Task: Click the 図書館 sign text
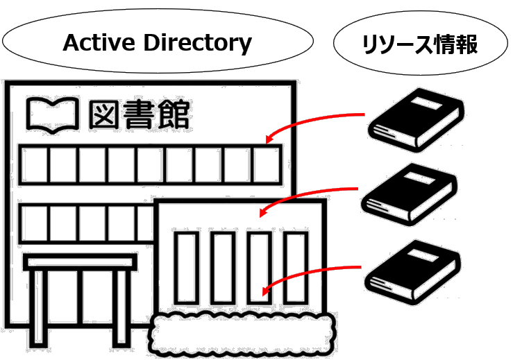click(x=142, y=114)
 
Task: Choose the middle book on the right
click(x=411, y=191)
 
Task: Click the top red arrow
click(x=316, y=123)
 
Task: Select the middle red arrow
click(x=309, y=196)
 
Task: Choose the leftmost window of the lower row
click(x=35, y=223)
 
